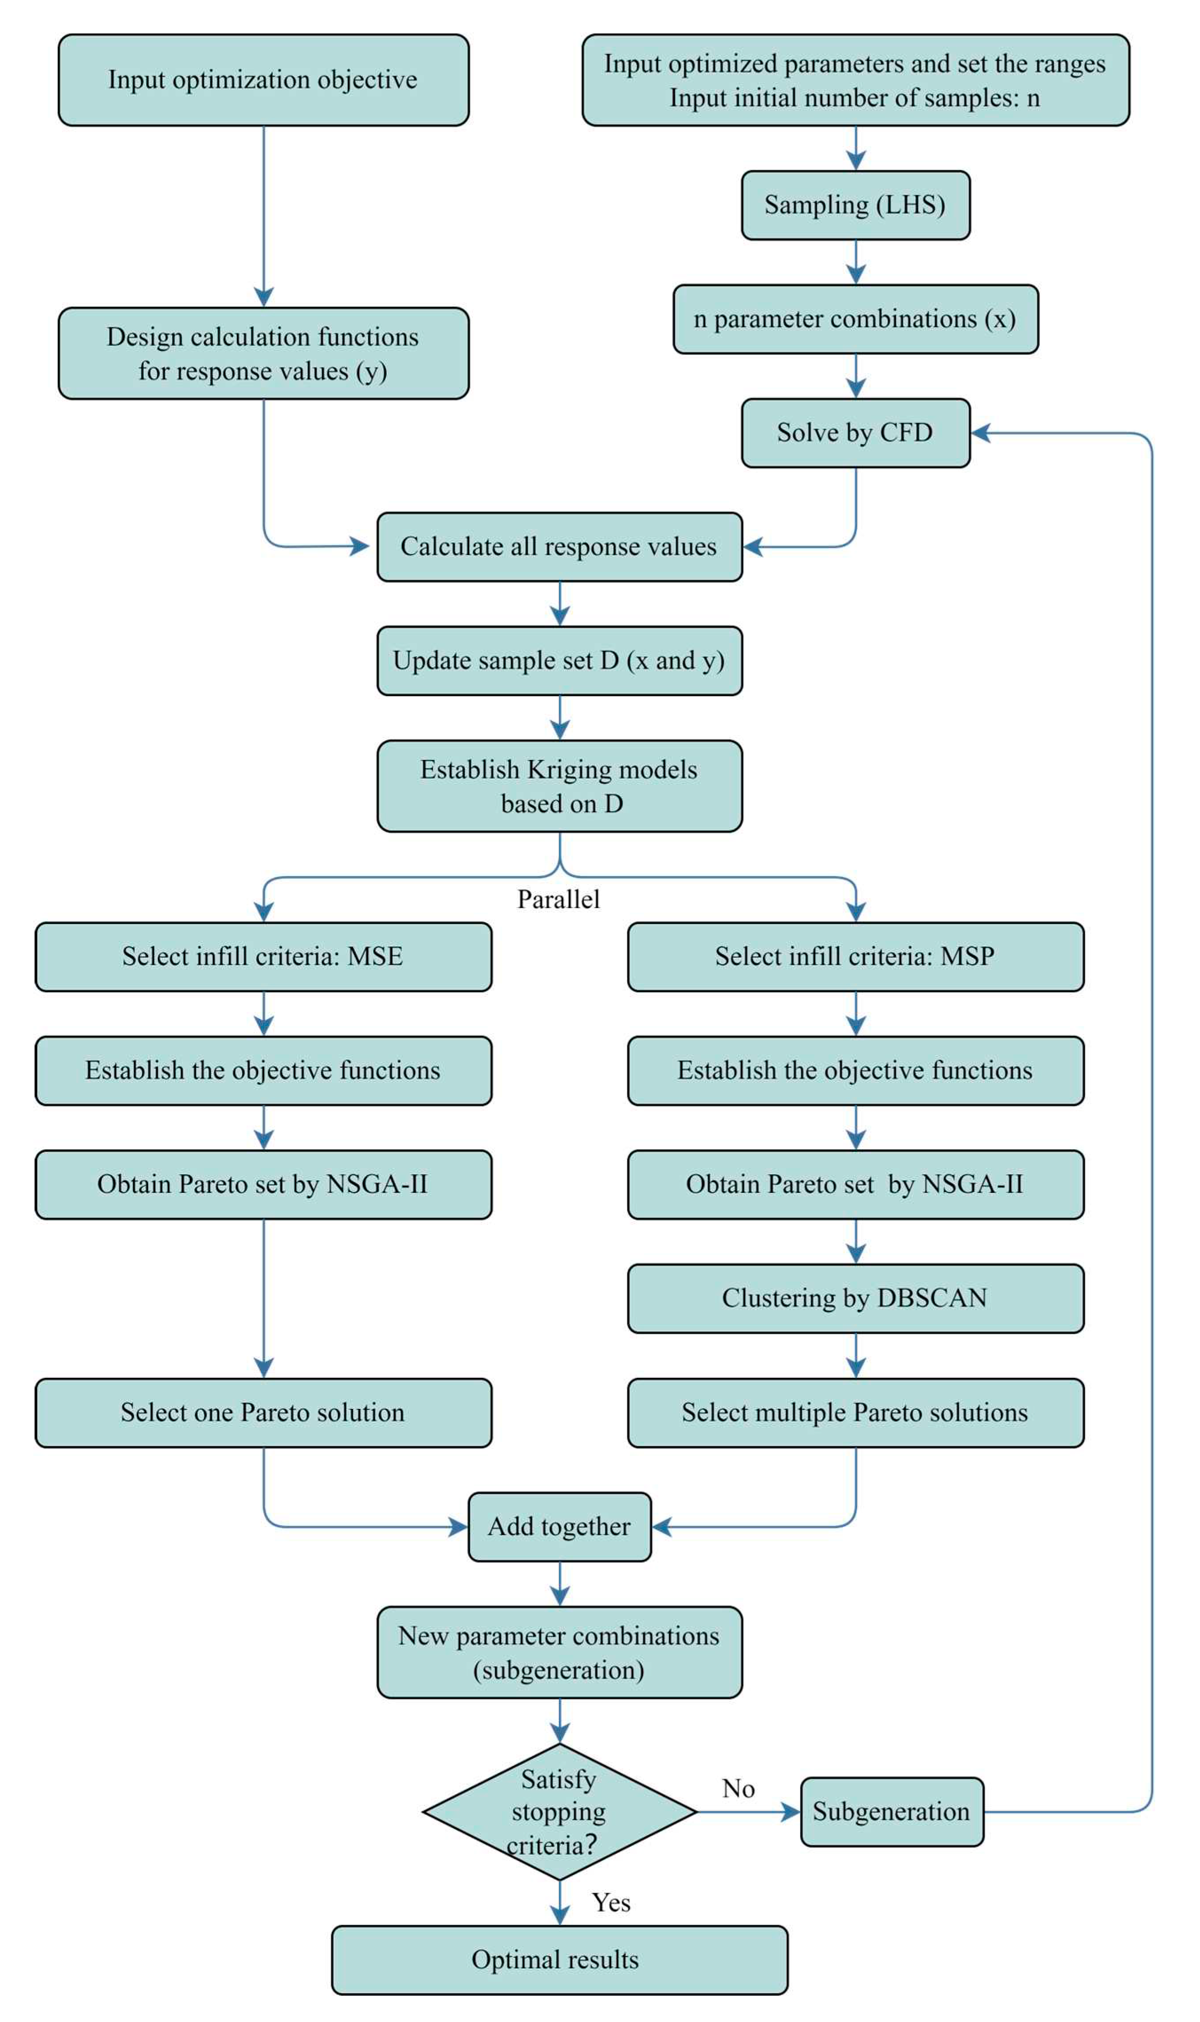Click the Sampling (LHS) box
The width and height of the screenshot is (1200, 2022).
[x=855, y=205]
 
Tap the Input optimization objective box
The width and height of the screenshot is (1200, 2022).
[x=263, y=80]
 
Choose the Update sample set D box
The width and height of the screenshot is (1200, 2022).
[x=560, y=661]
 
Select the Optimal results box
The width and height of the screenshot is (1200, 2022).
[x=560, y=1960]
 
